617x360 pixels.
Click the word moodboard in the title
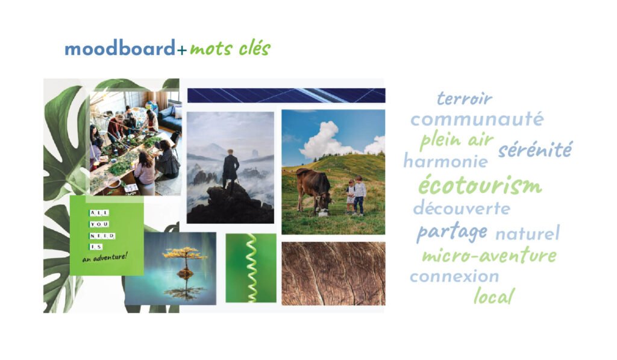point(120,48)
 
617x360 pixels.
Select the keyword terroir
point(465,98)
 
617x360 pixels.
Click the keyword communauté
point(477,119)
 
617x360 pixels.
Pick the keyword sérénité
point(535,150)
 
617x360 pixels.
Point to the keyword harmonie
point(446,160)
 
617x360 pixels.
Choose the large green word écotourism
point(480,185)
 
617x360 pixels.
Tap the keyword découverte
point(462,208)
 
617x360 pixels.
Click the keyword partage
point(452,232)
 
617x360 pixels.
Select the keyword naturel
point(527,233)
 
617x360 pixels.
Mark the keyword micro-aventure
point(489,256)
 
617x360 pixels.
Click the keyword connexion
point(454,276)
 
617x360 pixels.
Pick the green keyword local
point(494,296)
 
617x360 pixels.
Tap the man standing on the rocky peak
point(231,170)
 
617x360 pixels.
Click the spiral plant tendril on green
point(251,268)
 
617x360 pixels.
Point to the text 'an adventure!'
point(105,257)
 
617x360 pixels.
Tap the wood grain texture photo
point(334,274)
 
